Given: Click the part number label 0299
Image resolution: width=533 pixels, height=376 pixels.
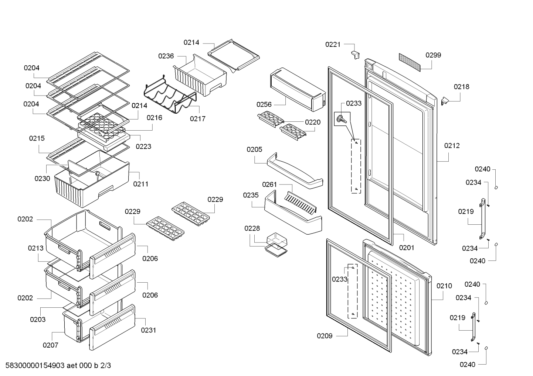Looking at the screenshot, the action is pyautogui.click(x=433, y=55).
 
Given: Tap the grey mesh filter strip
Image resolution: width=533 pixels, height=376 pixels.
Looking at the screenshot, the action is pyautogui.click(x=410, y=62).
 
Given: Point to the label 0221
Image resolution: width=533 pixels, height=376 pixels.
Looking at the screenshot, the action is pyautogui.click(x=333, y=44).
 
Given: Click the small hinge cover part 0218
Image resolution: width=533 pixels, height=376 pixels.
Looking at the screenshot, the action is pyautogui.click(x=445, y=101).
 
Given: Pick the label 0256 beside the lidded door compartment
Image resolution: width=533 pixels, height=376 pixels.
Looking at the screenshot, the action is pyautogui.click(x=264, y=104).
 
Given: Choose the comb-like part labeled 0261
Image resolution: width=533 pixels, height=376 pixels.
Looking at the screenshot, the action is pyautogui.click(x=301, y=203).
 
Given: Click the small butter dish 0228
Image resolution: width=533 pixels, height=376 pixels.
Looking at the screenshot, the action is pyautogui.click(x=276, y=245).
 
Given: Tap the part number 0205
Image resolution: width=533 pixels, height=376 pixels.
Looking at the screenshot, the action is pyautogui.click(x=254, y=150).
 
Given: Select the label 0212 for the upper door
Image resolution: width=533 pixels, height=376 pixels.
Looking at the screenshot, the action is pyautogui.click(x=452, y=146).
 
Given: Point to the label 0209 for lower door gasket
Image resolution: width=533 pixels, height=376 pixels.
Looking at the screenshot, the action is pyautogui.click(x=325, y=336).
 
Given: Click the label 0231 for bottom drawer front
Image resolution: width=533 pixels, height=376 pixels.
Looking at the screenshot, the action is pyautogui.click(x=149, y=330).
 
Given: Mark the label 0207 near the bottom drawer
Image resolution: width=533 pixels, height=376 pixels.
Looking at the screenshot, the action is pyautogui.click(x=50, y=345).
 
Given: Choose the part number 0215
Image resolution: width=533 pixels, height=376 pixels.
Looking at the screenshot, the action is pyautogui.click(x=37, y=138).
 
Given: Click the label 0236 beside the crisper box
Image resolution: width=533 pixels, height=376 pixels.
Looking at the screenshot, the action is pyautogui.click(x=166, y=56).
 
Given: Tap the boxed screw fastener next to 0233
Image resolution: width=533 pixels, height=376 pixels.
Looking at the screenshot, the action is pyautogui.click(x=342, y=119).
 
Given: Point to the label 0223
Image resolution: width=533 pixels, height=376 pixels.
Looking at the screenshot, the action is pyautogui.click(x=143, y=146).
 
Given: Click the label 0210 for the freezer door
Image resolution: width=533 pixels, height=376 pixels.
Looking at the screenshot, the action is pyautogui.click(x=444, y=286).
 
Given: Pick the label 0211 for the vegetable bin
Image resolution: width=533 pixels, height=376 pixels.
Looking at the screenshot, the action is pyautogui.click(x=140, y=184).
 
